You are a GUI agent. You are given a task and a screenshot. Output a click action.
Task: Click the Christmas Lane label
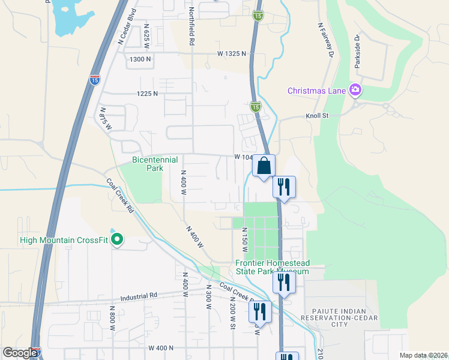pos(316,91)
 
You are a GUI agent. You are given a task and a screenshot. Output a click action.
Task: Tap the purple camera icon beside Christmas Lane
pos(355,90)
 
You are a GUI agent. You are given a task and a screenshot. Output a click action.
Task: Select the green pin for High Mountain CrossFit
pos(118,240)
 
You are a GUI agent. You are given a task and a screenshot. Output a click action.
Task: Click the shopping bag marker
pos(264,166)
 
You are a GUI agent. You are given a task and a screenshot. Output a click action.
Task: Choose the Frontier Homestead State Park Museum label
pos(272,267)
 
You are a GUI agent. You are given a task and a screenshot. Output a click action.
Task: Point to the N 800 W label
pos(112,318)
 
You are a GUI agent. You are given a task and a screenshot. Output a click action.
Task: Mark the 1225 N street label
pos(147,94)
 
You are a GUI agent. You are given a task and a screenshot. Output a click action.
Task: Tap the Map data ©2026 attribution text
pos(423,355)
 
